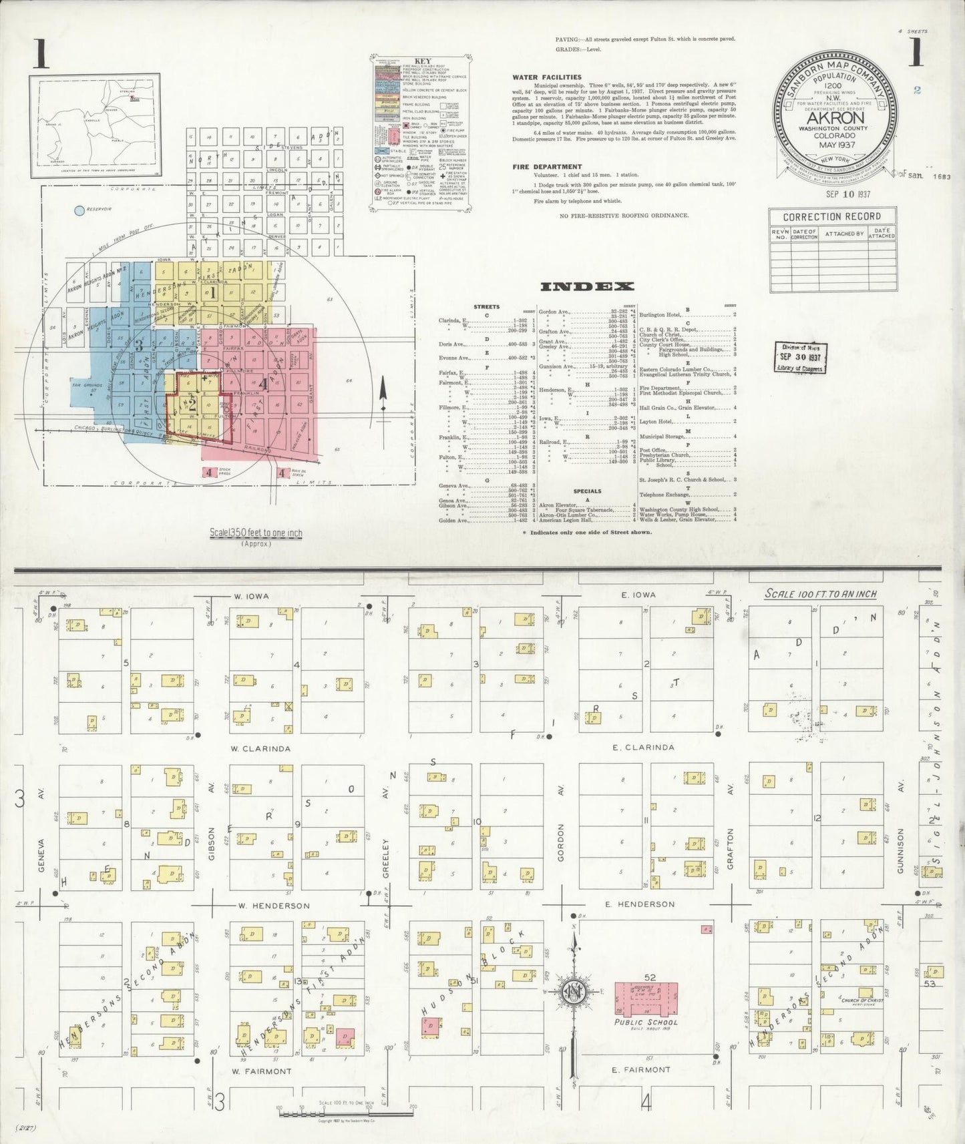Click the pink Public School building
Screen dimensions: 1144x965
pyautogui.click(x=645, y=998)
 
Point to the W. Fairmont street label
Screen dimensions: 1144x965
pyautogui.click(x=261, y=1071)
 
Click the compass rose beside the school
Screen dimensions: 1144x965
pyautogui.click(x=574, y=991)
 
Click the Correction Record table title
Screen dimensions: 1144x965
pyautogui.click(x=831, y=216)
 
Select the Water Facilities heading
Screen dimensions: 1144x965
pyautogui.click(x=546, y=77)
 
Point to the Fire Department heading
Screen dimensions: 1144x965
pyautogui.click(x=547, y=166)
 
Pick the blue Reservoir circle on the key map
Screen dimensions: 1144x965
pyautogui.click(x=79, y=211)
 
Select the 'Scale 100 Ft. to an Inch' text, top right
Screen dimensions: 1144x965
pyautogui.click(x=821, y=593)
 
